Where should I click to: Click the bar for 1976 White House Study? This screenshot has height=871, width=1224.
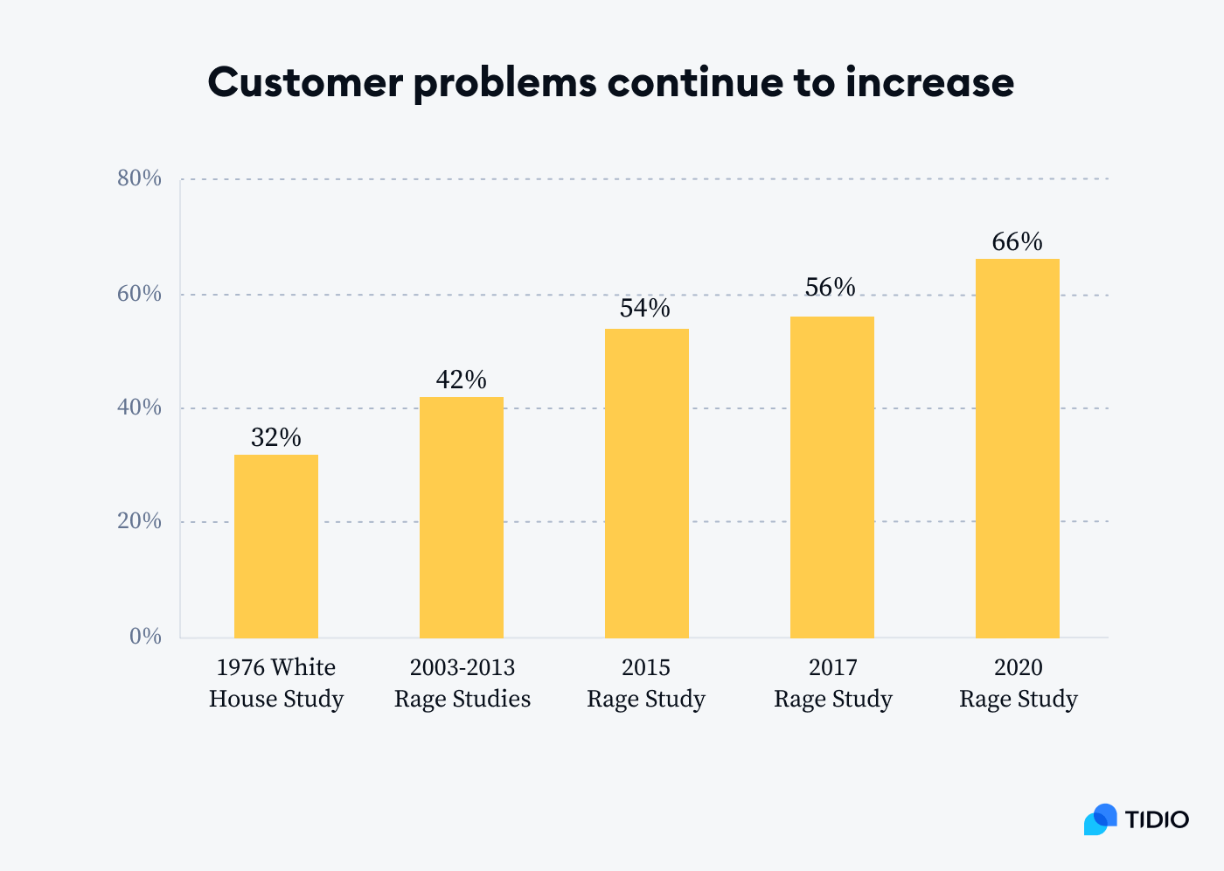(276, 546)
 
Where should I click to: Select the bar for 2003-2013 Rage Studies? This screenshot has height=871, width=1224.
(462, 517)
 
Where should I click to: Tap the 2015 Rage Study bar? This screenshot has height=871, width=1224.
(647, 483)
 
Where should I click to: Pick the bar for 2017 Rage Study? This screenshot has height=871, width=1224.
(832, 477)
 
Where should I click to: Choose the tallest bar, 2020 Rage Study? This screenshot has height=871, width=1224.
(1018, 448)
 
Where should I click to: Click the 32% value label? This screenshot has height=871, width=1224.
(276, 437)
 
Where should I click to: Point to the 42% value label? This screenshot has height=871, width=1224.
(462, 380)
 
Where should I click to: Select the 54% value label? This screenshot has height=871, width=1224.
(645, 309)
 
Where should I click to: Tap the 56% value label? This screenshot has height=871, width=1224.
(831, 288)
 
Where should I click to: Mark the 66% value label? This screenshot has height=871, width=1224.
(1018, 242)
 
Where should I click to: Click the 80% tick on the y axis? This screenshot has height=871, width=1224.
(140, 178)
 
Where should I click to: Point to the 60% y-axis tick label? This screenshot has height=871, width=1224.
(140, 294)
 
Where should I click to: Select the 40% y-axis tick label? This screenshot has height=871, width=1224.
(140, 408)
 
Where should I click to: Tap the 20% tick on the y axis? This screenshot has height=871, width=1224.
(140, 521)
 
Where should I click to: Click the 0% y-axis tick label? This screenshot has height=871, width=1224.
(146, 637)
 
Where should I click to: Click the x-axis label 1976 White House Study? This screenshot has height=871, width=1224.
(276, 683)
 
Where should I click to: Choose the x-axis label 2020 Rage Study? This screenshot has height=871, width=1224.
(1019, 683)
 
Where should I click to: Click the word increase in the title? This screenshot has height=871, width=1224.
(929, 82)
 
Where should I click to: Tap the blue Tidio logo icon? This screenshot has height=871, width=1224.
(1101, 819)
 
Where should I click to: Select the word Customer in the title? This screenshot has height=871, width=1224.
(305, 82)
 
